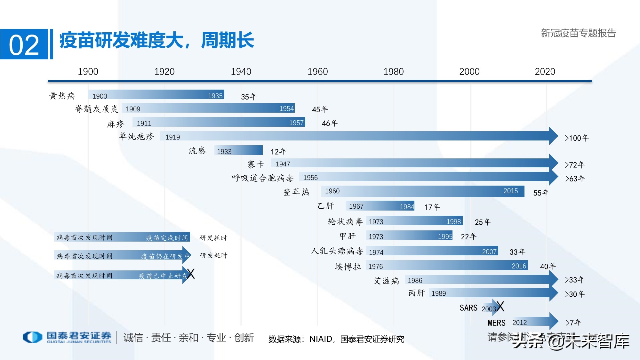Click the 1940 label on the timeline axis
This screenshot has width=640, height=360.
pos(241,71)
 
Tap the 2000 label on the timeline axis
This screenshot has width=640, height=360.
pos(469,71)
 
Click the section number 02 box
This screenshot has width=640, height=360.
pos(24,44)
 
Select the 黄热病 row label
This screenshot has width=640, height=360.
pos(62,96)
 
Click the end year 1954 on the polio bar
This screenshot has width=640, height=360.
pos(286,108)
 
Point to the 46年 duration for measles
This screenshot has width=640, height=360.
pos(330,123)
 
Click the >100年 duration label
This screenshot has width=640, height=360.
pos(576,138)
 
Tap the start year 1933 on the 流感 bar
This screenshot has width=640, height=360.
pos(224,151)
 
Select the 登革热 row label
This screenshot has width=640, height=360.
pos(296,192)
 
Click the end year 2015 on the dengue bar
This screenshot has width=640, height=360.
pos(510,191)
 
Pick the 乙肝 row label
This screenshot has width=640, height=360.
pos(325,206)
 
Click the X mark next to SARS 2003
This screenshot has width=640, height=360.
pos(500,306)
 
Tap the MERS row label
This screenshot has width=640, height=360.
pos(496,323)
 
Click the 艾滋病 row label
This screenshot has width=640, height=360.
pos(386,281)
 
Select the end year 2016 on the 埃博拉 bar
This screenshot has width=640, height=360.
pos(519,266)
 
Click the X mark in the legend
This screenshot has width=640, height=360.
pos(191,274)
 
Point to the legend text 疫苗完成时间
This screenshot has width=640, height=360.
pos(167,238)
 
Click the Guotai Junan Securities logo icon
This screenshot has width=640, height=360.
pos(32,337)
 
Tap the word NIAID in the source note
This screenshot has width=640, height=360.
pos(320,339)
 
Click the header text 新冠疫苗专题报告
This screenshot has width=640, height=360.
pos(578,33)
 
